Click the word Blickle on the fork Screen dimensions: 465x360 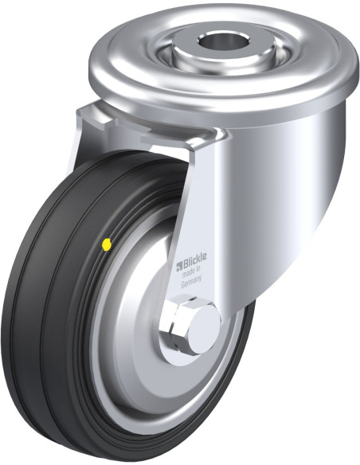coord(194,261)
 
